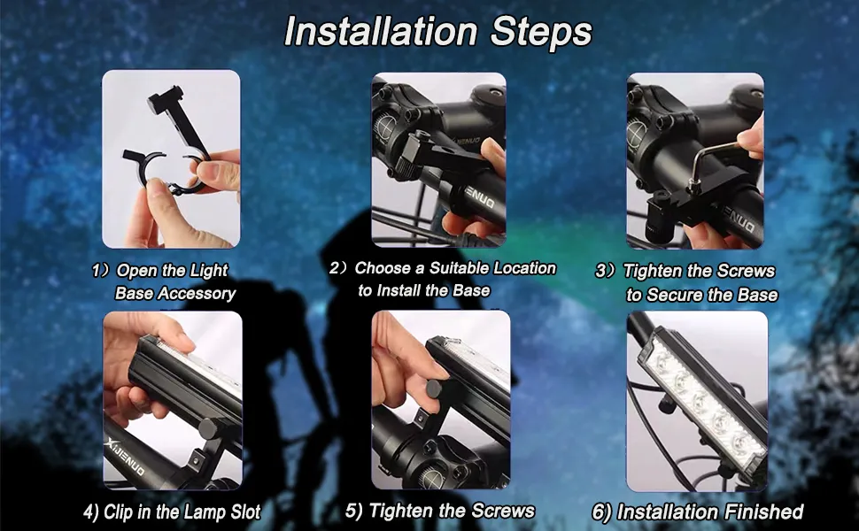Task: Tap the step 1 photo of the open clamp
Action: (x=171, y=159)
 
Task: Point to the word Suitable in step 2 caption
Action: (x=445, y=268)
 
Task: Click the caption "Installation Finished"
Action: (x=697, y=512)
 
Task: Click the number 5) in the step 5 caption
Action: (x=355, y=511)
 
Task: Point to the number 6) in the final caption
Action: (x=602, y=512)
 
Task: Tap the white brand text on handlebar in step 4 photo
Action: (x=124, y=458)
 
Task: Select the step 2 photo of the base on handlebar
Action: (x=439, y=159)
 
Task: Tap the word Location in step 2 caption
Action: (x=521, y=268)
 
